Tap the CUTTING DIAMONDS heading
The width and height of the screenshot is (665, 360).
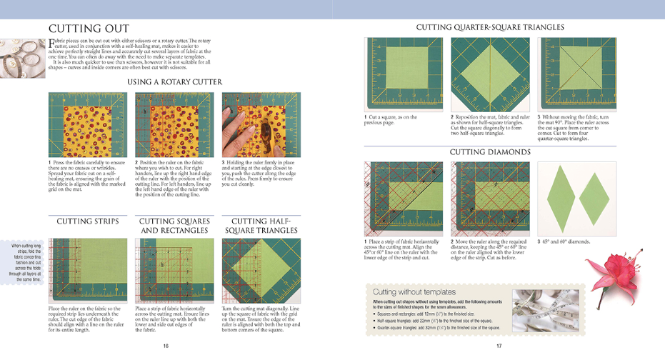(489, 152)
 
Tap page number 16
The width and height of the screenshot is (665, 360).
(166, 346)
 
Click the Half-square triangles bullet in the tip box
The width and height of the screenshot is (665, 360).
(436, 321)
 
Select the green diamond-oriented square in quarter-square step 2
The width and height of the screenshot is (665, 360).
(491, 74)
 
